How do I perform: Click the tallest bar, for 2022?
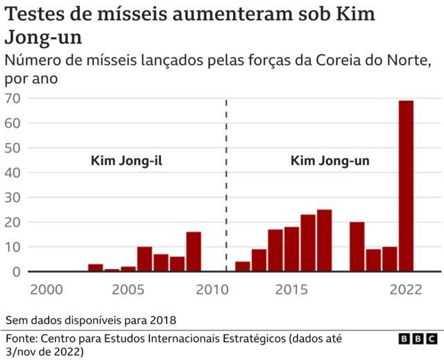pyautogui.click(x=406, y=186)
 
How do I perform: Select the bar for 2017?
pyautogui.click(x=324, y=240)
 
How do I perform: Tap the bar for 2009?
pyautogui.click(x=194, y=251)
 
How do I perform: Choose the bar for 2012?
pyautogui.click(x=242, y=266)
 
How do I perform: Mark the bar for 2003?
pyautogui.click(x=96, y=268)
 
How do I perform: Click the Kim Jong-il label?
pyautogui.click(x=126, y=162)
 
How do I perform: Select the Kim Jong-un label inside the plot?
pyautogui.click(x=330, y=162)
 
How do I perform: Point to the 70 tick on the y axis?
pyautogui.click(x=12, y=98)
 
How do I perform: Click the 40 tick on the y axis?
pyautogui.click(x=12, y=173)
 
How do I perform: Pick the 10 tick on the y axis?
pyautogui.click(x=12, y=247)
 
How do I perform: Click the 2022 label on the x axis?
pyautogui.click(x=406, y=289)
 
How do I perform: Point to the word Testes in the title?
pyautogui.click(x=36, y=15)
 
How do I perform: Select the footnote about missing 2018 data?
pyautogui.click(x=91, y=320)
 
